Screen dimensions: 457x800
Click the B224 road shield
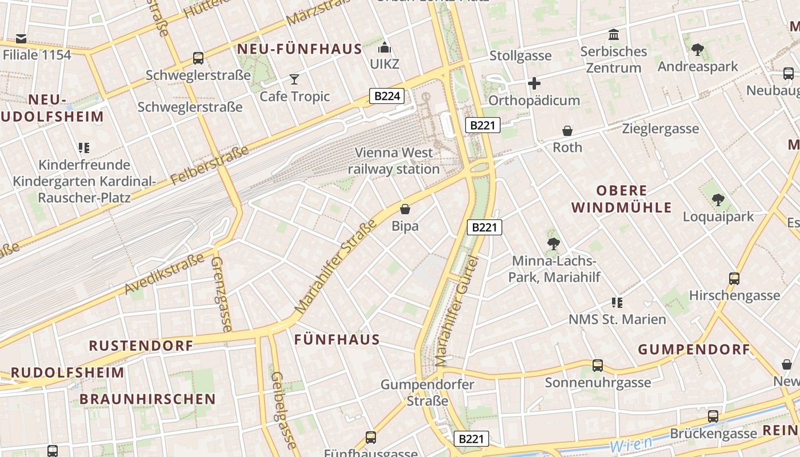(387, 96)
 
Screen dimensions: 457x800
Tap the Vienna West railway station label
(394, 161)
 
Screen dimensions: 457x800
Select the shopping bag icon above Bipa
(405, 209)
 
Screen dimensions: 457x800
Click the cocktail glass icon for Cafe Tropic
(294, 79)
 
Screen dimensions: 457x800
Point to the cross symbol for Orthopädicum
(534, 83)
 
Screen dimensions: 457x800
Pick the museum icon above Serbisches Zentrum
(614, 34)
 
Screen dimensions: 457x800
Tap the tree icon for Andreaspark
(697, 50)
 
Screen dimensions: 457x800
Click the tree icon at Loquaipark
(718, 200)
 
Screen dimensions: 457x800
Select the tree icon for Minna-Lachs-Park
(553, 244)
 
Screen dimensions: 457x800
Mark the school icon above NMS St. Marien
(617, 302)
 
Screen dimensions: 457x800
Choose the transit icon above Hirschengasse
(734, 279)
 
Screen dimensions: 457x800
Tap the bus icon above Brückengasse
(713, 416)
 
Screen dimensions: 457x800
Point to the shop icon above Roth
(567, 131)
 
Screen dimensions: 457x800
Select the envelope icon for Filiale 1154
(21, 39)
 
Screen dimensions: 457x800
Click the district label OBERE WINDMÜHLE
(622, 199)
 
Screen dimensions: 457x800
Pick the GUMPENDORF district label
(694, 350)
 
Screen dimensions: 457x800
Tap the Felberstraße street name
(210, 166)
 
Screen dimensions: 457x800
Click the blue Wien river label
(631, 444)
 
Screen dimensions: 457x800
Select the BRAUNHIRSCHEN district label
(147, 399)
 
